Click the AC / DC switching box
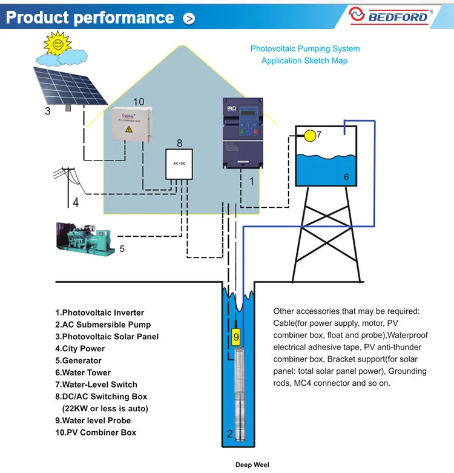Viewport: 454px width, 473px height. [179, 165]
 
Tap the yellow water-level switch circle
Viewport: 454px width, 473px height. [310, 136]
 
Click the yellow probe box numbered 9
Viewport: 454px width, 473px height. [237, 335]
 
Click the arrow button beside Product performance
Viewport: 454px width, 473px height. [189, 19]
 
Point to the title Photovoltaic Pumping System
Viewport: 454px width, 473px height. [305, 48]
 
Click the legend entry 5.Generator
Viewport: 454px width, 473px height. [79, 360]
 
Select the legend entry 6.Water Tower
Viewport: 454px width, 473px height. [83, 372]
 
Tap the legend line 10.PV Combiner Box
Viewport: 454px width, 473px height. [96, 432]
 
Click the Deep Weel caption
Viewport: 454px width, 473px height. [252, 465]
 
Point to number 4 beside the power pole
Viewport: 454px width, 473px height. [76, 203]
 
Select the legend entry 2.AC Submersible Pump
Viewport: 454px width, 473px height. [103, 325]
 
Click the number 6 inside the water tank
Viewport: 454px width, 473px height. [346, 177]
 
